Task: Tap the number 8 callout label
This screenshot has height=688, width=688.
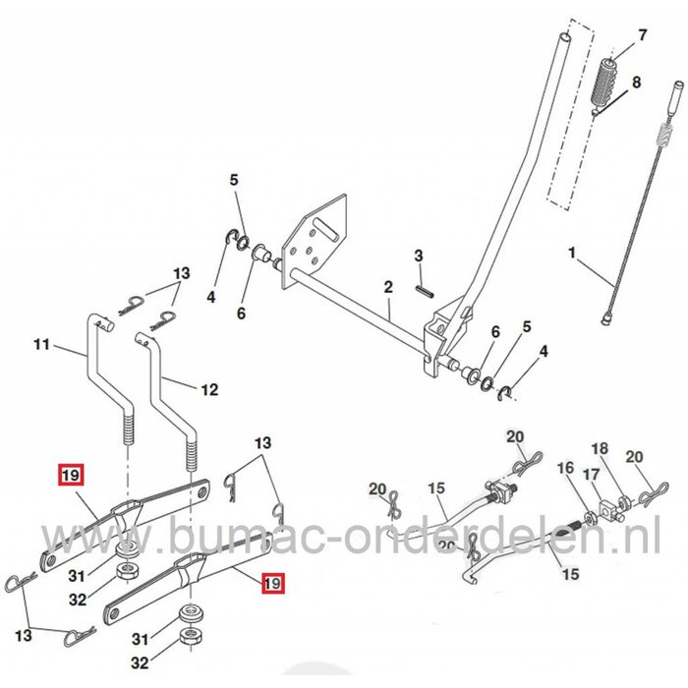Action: tap(637, 83)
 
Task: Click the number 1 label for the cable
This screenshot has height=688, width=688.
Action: tap(572, 253)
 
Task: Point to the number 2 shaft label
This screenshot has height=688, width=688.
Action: tap(388, 287)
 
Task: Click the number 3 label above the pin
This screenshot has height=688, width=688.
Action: tap(418, 256)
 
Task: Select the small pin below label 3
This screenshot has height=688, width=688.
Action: tap(423, 291)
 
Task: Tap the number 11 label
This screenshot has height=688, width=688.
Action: tap(40, 345)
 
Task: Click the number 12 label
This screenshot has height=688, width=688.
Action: tap(208, 390)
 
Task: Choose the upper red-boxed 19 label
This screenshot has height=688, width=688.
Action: tap(70, 477)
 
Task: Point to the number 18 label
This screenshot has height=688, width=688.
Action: tap(599, 448)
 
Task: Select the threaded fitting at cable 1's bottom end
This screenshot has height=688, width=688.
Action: tap(606, 316)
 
